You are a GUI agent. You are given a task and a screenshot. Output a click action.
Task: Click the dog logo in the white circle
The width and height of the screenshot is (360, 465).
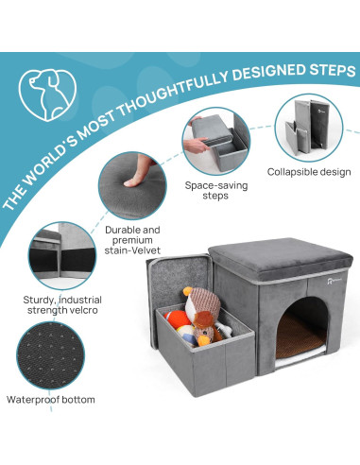tap(42, 89)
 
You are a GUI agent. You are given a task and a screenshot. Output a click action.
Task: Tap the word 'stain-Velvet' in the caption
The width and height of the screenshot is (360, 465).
tap(131, 250)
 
